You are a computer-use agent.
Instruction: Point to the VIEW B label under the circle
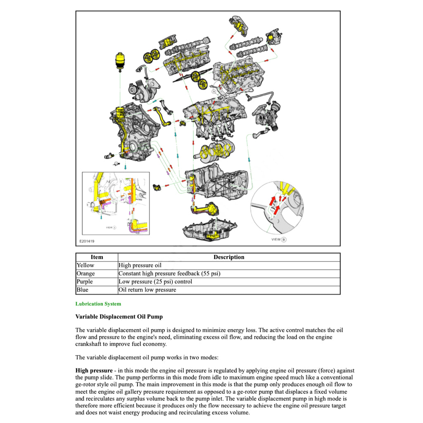[278, 240]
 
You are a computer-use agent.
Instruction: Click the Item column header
[97, 257]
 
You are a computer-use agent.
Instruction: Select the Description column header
[229, 257]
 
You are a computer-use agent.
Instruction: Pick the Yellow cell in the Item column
[85, 265]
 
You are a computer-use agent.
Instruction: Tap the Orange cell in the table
[86, 273]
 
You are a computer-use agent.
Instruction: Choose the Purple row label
[85, 282]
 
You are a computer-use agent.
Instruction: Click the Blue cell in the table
[83, 290]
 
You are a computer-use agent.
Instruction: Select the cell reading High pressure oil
[140, 265]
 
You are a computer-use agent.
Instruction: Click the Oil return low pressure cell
[147, 290]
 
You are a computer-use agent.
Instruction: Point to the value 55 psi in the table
[211, 273]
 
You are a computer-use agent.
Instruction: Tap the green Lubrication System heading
[98, 304]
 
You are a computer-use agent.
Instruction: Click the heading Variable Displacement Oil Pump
[119, 317]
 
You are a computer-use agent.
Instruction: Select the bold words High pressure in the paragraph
[94, 371]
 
